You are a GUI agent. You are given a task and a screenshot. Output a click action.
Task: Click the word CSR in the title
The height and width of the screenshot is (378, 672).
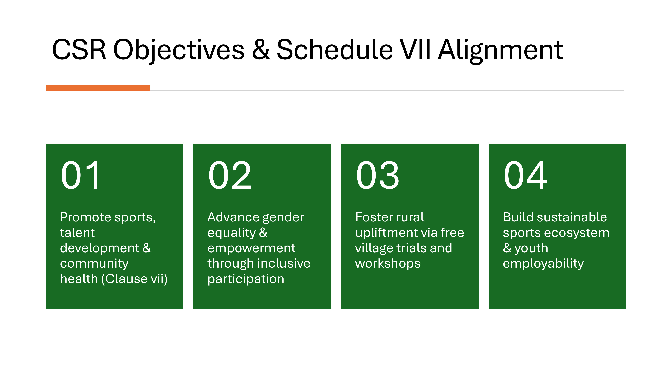pos(79,50)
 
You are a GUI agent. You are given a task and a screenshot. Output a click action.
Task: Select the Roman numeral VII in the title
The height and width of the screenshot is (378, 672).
pos(415,50)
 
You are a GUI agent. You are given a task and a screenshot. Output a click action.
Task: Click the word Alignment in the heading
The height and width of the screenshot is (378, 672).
pos(500,51)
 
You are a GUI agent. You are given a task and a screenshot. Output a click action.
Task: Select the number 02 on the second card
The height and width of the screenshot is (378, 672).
pos(229,175)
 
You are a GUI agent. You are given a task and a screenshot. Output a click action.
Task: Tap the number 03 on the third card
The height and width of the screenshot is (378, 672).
pos(377,175)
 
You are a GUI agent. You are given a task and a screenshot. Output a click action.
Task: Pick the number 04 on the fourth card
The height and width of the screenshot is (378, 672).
pos(525,175)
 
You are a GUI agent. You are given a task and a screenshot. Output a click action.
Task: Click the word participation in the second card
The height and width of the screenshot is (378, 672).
pos(246,279)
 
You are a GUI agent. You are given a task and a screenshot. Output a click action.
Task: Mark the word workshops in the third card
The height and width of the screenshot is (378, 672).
pos(388,263)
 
